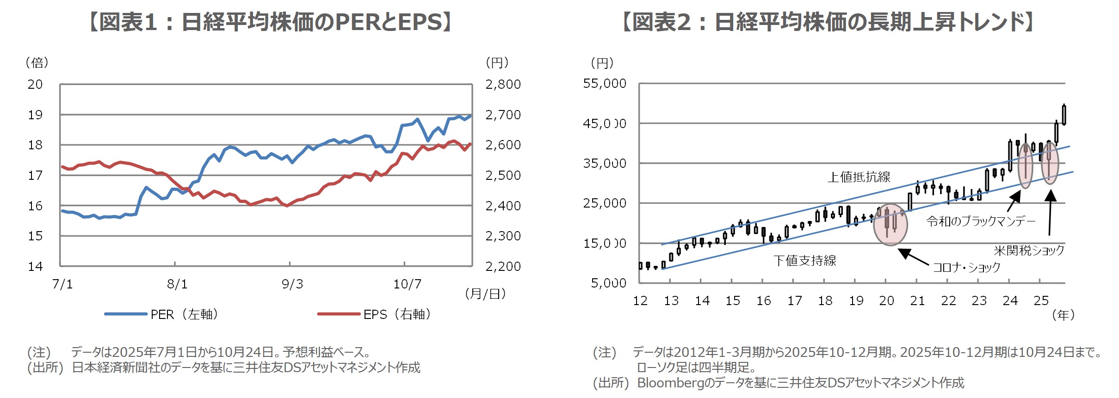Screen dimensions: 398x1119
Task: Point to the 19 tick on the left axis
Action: pos(35,115)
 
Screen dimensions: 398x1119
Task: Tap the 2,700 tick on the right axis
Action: pos(503,115)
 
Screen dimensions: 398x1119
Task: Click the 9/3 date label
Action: pos(292,284)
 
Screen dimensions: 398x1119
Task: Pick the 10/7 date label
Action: pos(407,284)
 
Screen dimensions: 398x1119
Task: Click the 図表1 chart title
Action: pos(271,22)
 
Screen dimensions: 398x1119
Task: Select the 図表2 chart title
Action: pos(828,22)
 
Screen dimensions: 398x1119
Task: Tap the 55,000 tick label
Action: pos(605,84)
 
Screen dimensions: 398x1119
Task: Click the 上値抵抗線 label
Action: pos(859,177)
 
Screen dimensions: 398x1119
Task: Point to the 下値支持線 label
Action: pos(805,261)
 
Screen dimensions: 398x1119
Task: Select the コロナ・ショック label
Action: pos(966,268)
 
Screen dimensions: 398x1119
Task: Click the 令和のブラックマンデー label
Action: pos(981,221)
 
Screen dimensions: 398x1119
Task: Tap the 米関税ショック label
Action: pos(1029,251)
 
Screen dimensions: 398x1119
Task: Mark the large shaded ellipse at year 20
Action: pos(890,225)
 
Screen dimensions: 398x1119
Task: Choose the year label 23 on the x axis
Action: pos(979,301)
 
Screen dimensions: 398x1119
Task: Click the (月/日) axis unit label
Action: pos(485,294)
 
